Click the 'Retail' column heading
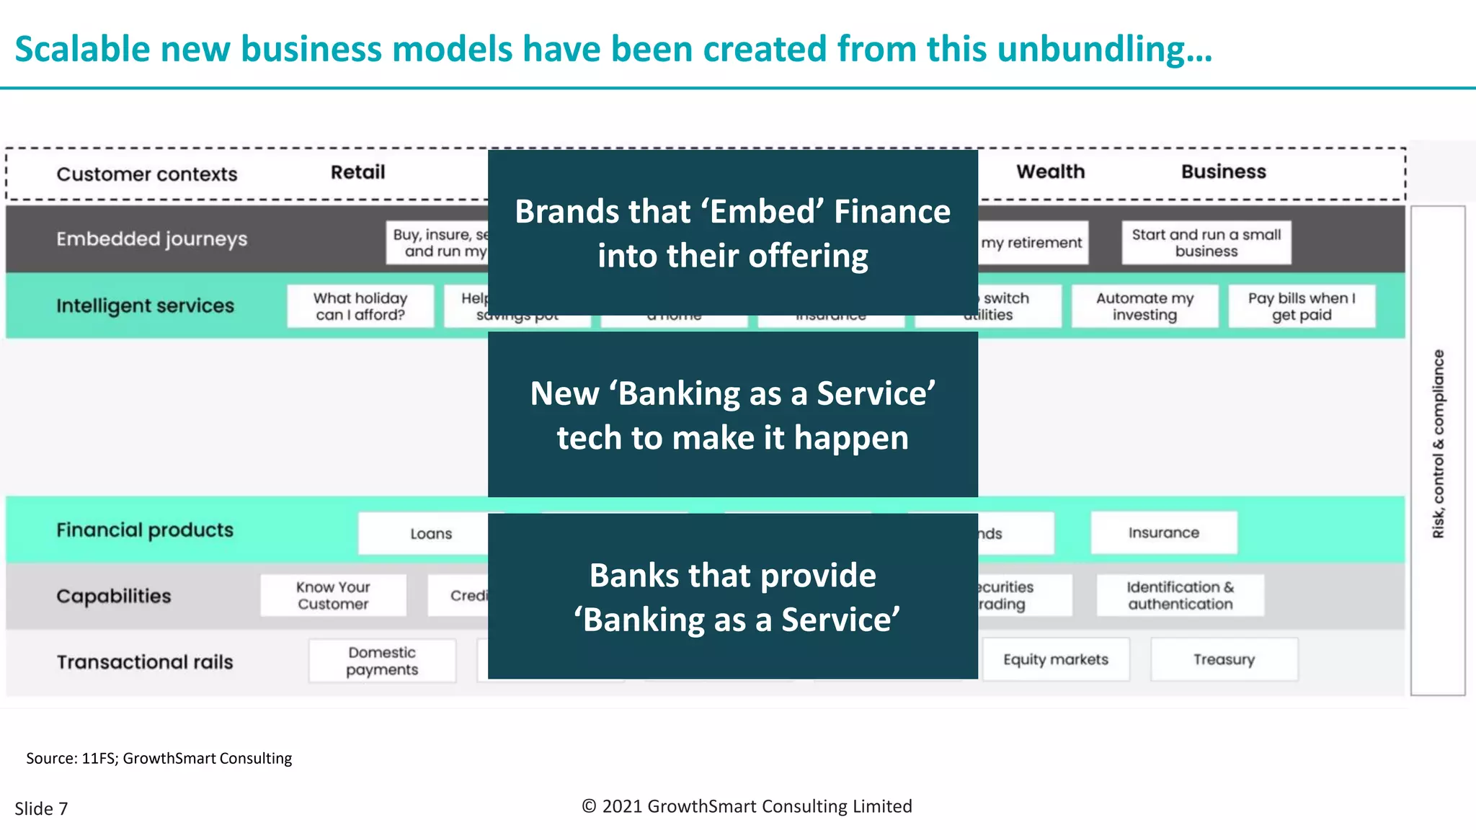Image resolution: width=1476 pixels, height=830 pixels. coord(357,172)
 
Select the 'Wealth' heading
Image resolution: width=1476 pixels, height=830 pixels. coord(1050,171)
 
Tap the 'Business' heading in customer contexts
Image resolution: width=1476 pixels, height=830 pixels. coord(1223,171)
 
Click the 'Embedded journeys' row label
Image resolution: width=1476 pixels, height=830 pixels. coord(151,239)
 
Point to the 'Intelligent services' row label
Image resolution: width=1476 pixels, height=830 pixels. coord(145,306)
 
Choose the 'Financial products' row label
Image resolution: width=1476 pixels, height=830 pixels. coord(145,530)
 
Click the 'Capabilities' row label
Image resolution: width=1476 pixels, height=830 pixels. coord(114,597)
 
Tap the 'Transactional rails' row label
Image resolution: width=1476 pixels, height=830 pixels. coord(145,662)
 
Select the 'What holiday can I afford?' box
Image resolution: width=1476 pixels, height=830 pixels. coord(360,306)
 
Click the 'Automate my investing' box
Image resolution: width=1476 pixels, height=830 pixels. coord(1144,306)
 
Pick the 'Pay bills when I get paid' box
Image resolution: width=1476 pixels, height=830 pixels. coord(1302,306)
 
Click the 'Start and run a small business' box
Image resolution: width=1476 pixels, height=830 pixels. coord(1206,243)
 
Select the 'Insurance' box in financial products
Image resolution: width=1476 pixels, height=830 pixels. coord(1163,532)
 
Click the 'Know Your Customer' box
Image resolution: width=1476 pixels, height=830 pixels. coord(333,595)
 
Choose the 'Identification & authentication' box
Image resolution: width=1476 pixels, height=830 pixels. coord(1180,595)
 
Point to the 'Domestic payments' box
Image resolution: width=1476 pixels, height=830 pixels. coord(382,661)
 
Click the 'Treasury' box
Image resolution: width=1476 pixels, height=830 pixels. coord(1224,659)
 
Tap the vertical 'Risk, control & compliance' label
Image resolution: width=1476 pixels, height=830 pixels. coord(1439,444)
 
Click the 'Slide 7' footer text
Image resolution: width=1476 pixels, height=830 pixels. coord(41,808)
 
